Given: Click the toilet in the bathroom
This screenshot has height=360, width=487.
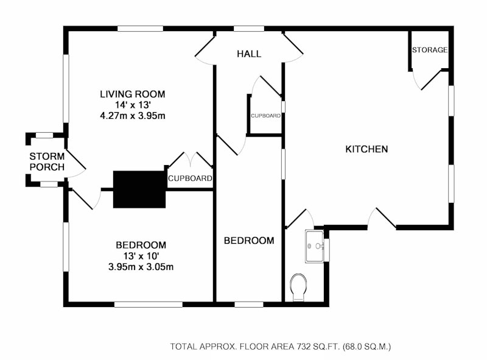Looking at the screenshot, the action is tap(298, 288).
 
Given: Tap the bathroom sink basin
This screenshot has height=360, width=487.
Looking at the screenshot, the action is tap(314, 246).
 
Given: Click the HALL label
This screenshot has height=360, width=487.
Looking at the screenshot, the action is tap(249, 54).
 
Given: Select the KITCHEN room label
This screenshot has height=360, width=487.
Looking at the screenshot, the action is tap(366, 149).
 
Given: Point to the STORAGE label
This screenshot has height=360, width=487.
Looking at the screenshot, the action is tap(430, 50).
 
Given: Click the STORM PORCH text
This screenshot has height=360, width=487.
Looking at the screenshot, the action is tap(47, 161).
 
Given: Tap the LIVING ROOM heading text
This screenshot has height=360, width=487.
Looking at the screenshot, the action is tap(132, 94).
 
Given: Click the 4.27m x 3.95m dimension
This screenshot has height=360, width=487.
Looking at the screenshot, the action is tap(132, 116).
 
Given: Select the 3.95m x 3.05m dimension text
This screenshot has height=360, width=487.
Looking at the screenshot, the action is tap(141, 267).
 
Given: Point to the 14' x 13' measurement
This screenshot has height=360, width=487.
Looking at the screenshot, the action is tap(133, 105).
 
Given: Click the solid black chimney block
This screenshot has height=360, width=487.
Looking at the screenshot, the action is tap(139, 189).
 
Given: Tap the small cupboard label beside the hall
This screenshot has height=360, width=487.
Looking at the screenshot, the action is tap(266, 116).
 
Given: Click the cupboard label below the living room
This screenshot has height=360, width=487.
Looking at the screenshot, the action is tap(190, 178).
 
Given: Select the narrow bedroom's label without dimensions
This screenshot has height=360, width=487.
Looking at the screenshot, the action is tap(249, 241).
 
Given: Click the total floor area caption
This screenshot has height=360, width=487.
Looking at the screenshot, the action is tap(281, 347).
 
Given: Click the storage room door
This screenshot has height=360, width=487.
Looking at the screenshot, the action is tap(430, 80).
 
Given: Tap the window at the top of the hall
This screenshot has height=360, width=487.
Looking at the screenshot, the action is tap(249, 29).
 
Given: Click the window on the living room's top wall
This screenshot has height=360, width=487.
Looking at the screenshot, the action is tap(141, 29).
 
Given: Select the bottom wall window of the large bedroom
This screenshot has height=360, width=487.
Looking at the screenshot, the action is tap(148, 305).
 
